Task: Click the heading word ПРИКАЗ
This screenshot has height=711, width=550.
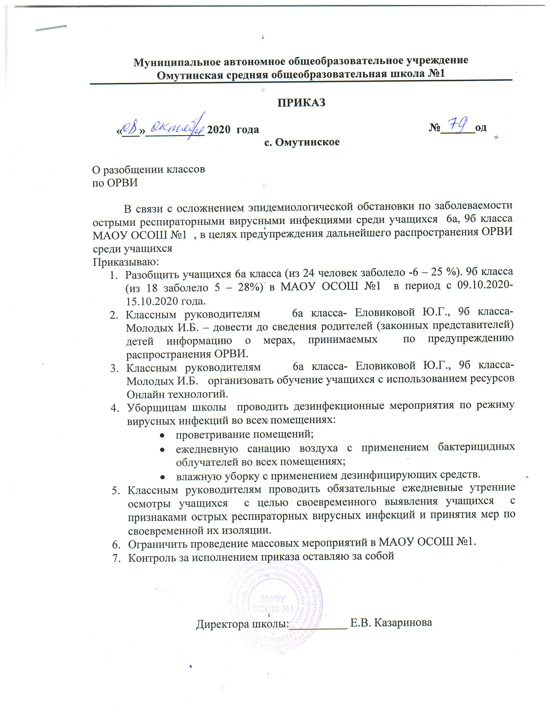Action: [x=301, y=103]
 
